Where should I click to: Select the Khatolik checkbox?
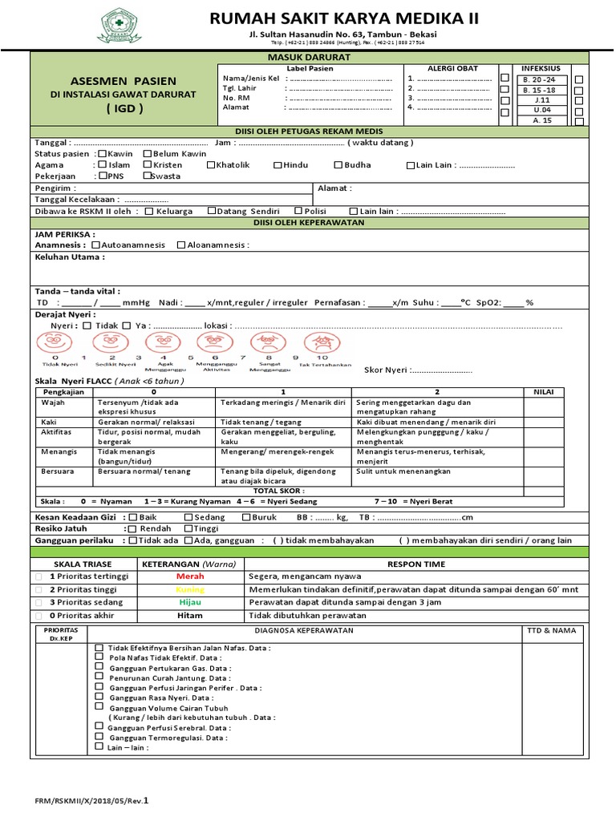pos(211,165)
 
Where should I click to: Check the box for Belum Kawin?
pos(148,154)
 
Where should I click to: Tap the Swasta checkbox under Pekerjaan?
pos(148,176)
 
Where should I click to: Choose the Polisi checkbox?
pos(298,211)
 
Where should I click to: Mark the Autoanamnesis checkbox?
pos(96,245)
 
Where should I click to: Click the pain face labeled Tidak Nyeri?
pos(55,343)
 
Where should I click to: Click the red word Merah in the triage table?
pos(190,576)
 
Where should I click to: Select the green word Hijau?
pos(190,602)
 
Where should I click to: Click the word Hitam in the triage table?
pos(190,616)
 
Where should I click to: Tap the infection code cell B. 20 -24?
pos(540,79)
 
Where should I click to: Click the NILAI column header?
pos(555,391)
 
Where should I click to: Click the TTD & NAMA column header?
pos(552,630)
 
